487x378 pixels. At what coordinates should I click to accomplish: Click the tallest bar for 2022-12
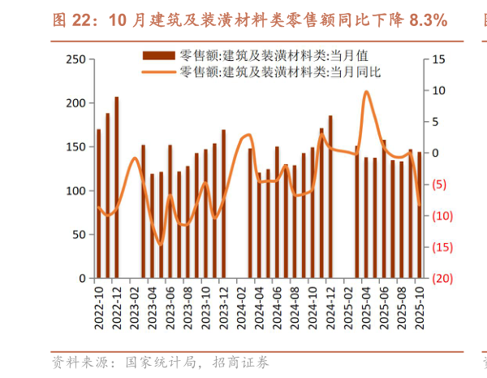point(116,187)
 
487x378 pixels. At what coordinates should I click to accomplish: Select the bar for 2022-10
point(98,203)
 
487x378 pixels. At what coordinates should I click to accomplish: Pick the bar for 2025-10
point(419,215)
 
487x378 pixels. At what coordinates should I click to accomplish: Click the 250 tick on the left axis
point(75,59)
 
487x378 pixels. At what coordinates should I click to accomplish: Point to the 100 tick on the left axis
point(75,191)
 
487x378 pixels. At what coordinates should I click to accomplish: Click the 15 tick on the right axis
point(439,59)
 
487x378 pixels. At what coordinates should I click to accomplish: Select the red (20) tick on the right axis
point(441,278)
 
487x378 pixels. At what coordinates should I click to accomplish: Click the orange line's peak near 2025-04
point(366,92)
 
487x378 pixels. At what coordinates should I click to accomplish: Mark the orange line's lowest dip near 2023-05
point(160,244)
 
